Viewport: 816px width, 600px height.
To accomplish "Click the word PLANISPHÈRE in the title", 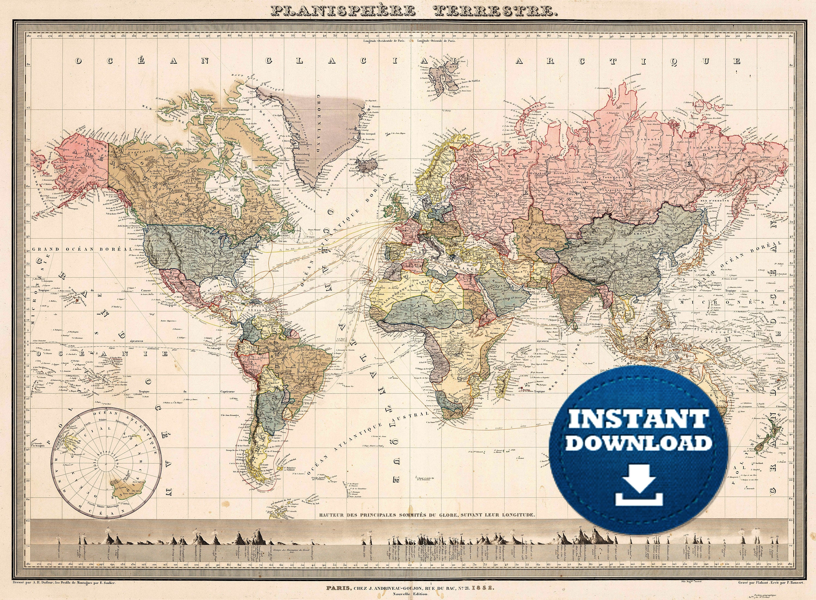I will [343, 11].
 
